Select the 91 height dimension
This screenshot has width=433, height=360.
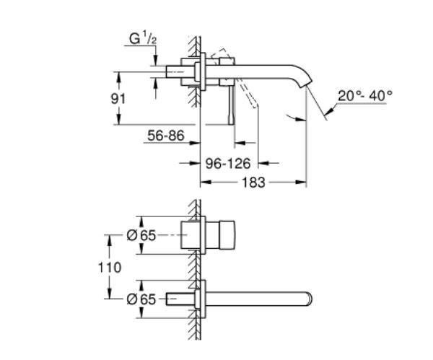pos(127,97)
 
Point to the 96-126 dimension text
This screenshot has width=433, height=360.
pos(228,164)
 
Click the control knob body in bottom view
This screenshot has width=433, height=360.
pos(224,235)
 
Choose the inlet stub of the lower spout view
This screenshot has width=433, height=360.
pos(180,297)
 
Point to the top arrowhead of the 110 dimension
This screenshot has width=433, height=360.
pos(109,237)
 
